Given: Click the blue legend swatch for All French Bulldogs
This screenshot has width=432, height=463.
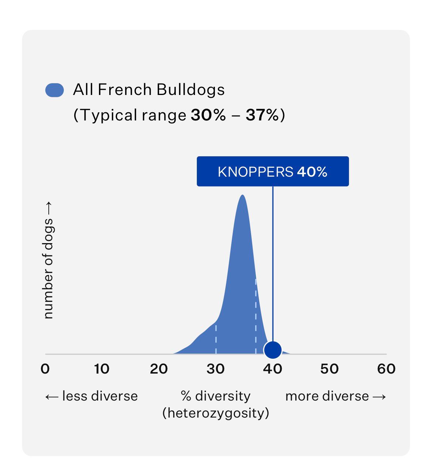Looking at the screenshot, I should pos(54,90).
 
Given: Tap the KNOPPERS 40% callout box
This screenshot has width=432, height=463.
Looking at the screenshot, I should pos(272,171).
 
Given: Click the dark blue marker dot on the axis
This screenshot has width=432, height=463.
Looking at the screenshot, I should pos(273,350).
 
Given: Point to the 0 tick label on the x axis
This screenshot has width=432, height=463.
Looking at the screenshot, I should pos(45,369).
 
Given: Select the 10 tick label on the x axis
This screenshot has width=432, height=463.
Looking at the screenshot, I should pos(102,369).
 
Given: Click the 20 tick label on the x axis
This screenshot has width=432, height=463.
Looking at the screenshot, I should pos(159,369).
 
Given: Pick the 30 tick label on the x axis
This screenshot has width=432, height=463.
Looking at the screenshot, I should pos(216,369).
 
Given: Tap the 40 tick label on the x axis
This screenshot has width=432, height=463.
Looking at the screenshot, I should pos(272,369).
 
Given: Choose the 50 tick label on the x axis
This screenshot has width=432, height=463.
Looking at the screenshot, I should pos(329,369).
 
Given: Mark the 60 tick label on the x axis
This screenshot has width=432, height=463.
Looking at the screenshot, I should pos(386,369).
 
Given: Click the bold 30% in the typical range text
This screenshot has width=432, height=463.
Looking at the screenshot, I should pos(208,115).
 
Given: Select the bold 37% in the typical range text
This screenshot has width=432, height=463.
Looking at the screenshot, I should pos(262,115).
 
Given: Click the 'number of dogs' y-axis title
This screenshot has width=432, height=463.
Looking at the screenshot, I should pos(48,261).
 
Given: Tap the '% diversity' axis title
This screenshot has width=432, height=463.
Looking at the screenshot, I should pos(216,396).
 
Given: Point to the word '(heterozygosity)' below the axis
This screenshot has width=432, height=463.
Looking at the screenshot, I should pos(216,413).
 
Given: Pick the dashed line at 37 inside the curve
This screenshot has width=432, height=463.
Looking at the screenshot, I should pos(256,314).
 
